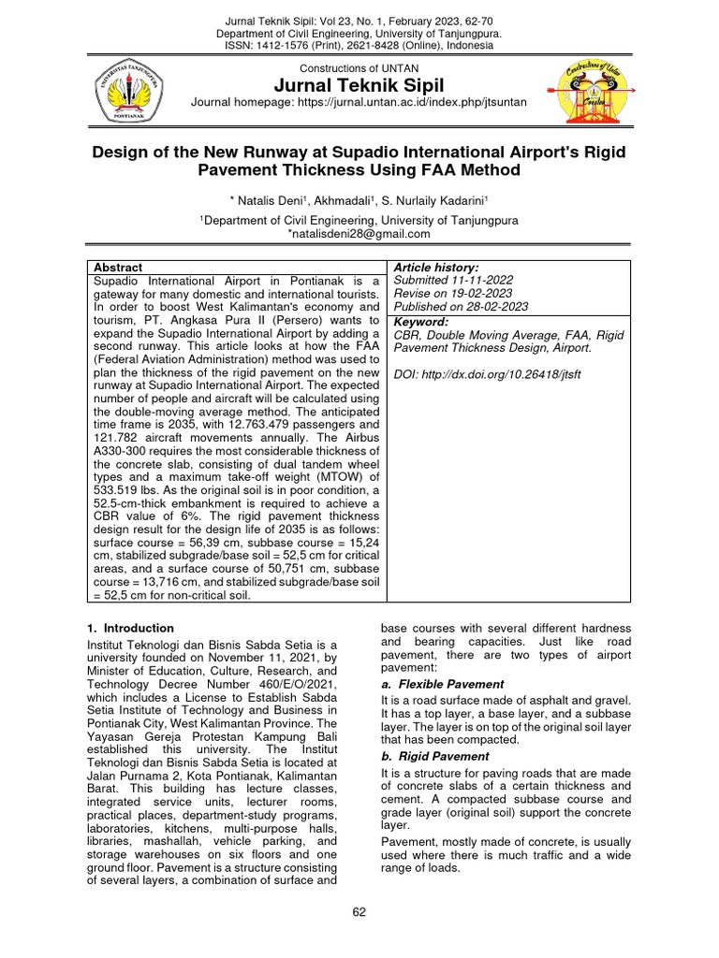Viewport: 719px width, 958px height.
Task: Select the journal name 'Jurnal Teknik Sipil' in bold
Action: tap(359, 86)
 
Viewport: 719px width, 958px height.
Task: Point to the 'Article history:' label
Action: tap(436, 268)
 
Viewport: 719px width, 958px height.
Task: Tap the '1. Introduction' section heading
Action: tap(130, 628)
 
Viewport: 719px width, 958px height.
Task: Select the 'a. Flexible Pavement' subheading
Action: tap(443, 684)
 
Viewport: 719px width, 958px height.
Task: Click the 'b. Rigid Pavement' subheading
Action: tap(435, 756)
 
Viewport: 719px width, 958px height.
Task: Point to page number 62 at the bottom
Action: tap(359, 911)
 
